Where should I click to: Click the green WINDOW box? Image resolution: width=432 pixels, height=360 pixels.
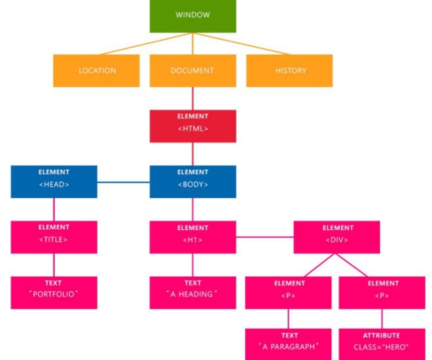tap(193, 16)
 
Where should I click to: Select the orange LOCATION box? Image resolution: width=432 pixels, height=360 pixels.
tap(97, 70)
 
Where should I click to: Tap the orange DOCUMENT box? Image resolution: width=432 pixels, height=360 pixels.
tap(193, 70)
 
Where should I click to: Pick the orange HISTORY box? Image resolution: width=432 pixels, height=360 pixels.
tap(290, 70)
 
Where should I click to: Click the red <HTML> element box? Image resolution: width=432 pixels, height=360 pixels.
tap(193, 126)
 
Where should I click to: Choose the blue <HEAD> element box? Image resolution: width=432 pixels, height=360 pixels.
tap(54, 181)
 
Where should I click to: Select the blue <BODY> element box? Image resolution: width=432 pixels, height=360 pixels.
tap(193, 181)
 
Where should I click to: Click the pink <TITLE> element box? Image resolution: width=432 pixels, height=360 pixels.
tap(54, 237)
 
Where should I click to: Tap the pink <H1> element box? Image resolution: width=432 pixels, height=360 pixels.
tap(193, 237)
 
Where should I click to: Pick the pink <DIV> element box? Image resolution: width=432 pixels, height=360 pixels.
tap(337, 237)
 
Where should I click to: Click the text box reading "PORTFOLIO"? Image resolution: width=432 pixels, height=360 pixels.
tap(54, 293)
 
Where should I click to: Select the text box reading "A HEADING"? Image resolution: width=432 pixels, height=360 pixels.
tap(193, 293)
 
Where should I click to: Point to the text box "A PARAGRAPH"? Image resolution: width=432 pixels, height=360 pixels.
tap(288, 344)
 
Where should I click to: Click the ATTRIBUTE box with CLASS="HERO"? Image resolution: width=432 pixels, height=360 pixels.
tap(382, 344)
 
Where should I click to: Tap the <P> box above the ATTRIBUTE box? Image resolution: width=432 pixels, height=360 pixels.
tap(382, 293)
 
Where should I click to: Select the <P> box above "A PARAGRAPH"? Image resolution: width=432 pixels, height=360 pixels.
tap(288, 293)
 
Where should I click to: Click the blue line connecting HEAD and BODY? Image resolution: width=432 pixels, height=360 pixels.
tap(123, 182)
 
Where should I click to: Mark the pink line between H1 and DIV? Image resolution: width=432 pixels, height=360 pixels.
tap(265, 237)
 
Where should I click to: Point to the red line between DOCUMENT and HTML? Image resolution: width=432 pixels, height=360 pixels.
tap(193, 98)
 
